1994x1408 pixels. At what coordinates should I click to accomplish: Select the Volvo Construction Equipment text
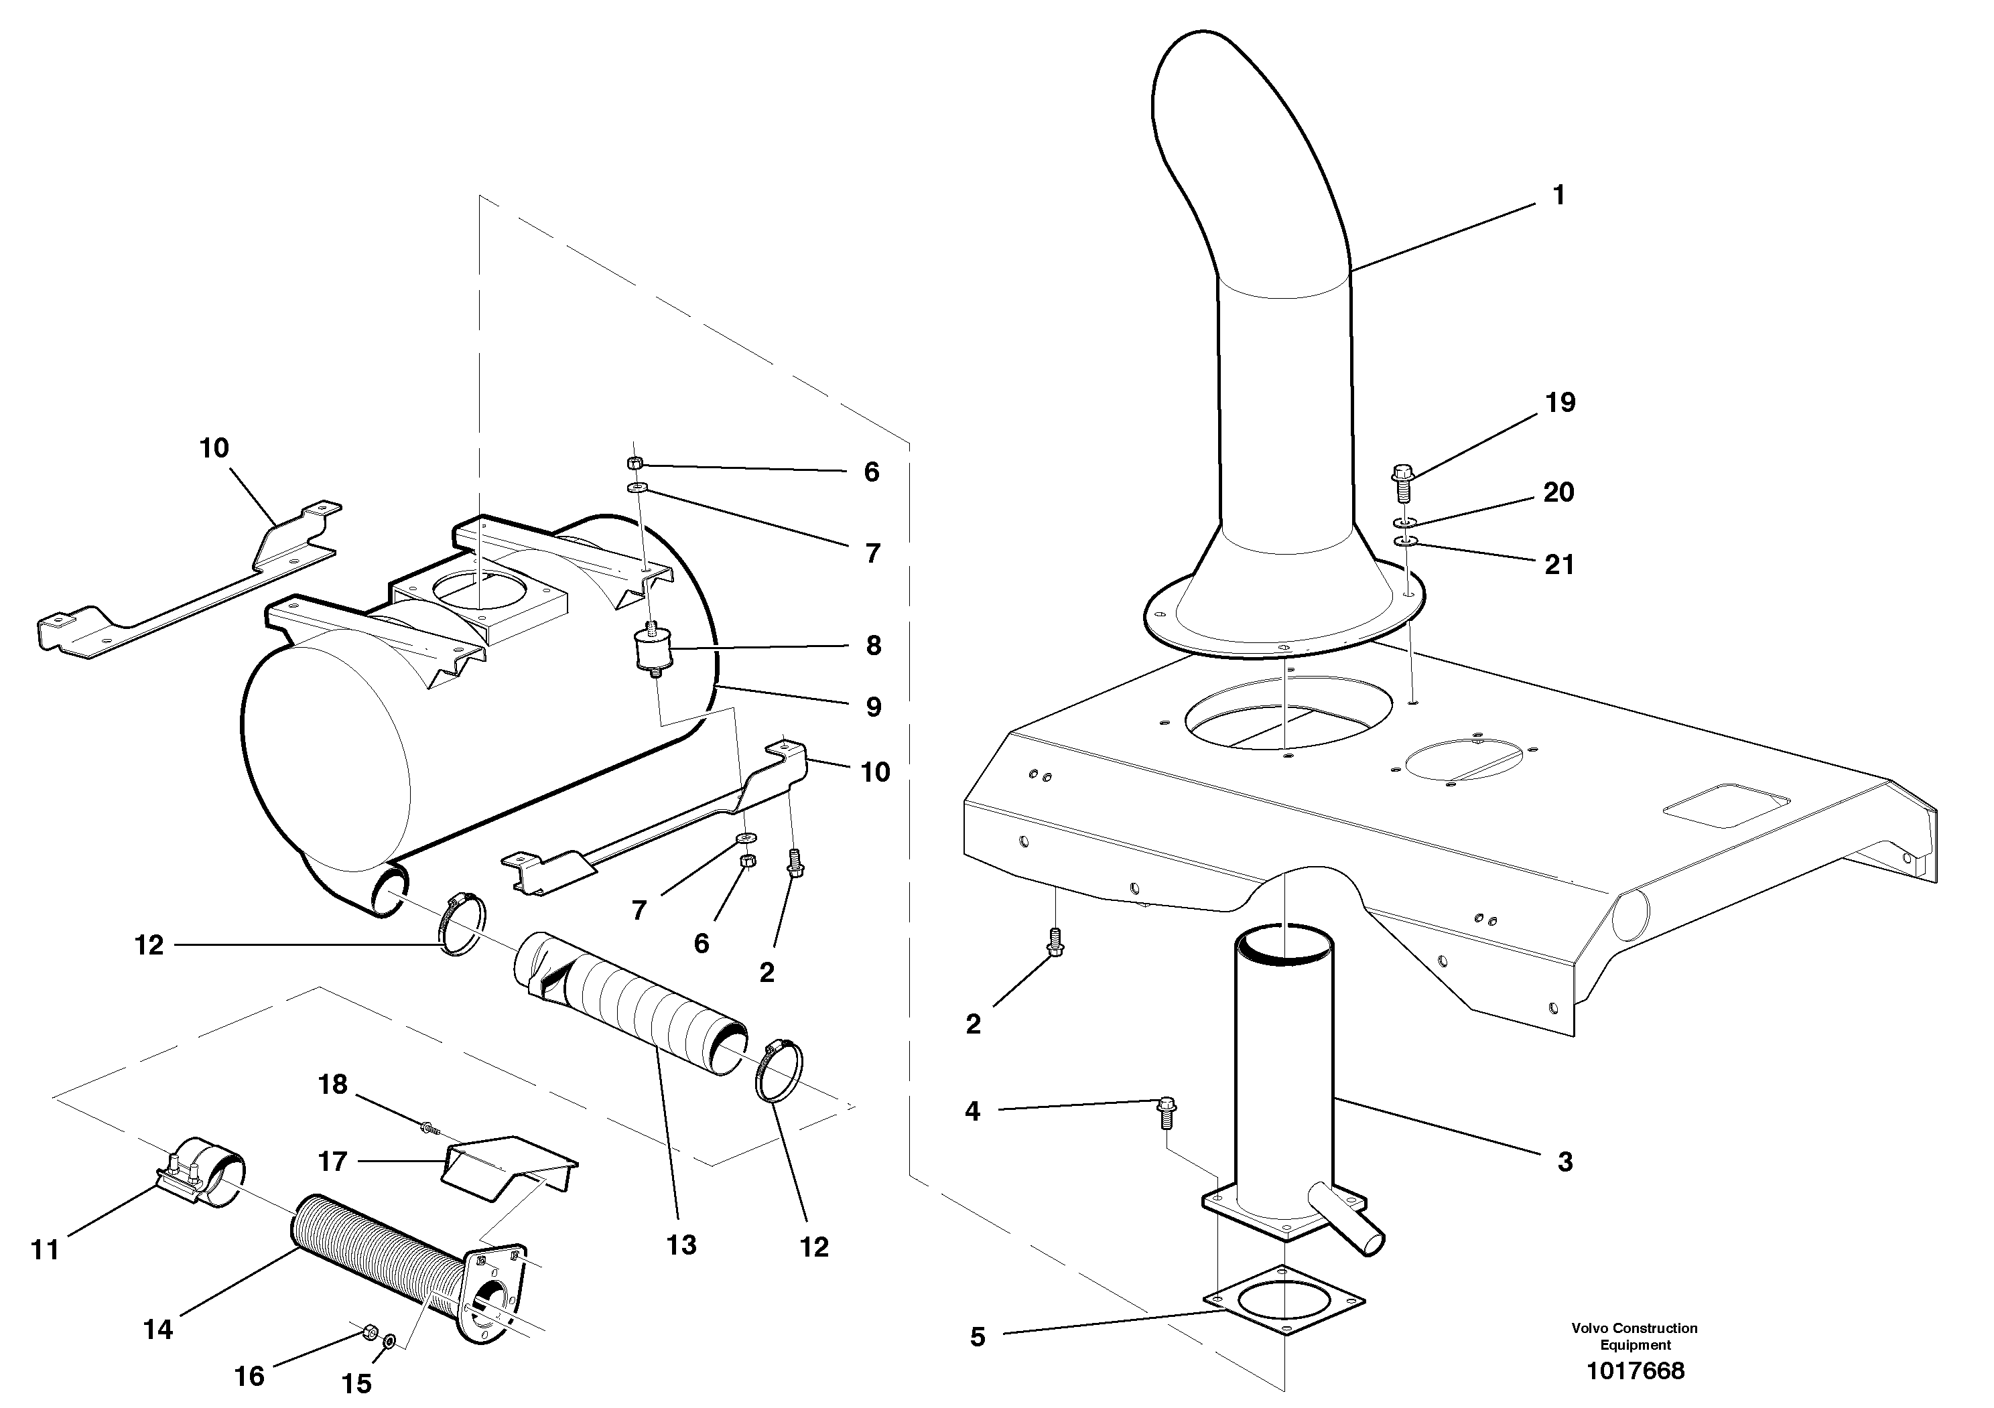[x=1634, y=1336]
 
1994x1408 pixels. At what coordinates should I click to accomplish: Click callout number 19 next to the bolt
[x=1560, y=402]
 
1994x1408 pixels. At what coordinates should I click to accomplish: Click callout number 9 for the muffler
[x=873, y=707]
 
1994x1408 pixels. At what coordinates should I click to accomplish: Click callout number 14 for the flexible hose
[x=158, y=1329]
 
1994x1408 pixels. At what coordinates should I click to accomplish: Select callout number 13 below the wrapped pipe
[x=681, y=1245]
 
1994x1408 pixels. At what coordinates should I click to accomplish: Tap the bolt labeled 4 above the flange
[x=1167, y=1112]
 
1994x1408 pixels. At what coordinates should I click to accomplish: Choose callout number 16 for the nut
[x=249, y=1376]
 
